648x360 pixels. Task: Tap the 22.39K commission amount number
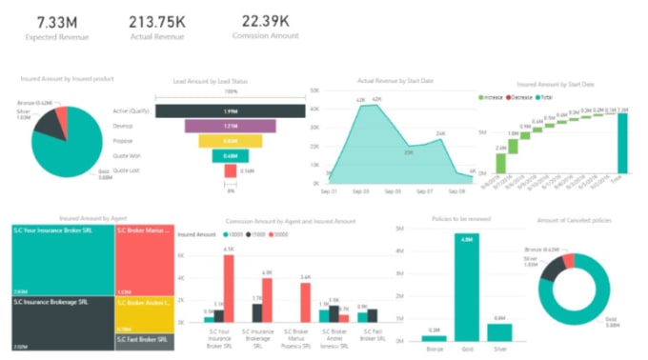click(264, 20)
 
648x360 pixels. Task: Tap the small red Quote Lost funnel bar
click(230, 170)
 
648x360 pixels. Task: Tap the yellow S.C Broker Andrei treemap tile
click(143, 312)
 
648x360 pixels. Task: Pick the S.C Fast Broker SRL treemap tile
click(143, 338)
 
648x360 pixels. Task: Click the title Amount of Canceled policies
click(574, 220)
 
